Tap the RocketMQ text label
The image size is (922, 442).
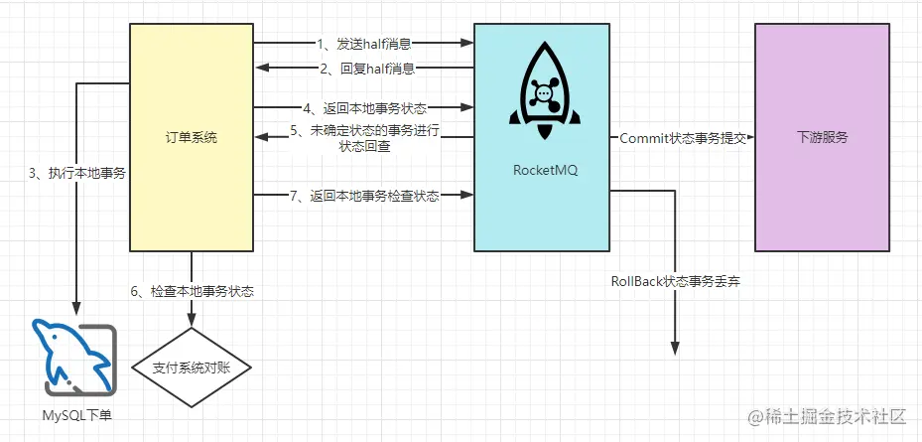[545, 170]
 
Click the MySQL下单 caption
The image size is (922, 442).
[76, 413]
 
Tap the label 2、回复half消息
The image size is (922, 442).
[363, 69]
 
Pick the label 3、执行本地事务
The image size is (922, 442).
[76, 173]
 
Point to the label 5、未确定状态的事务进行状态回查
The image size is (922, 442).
[364, 138]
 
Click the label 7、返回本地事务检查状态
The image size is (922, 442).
[364, 196]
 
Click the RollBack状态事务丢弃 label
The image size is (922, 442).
[676, 282]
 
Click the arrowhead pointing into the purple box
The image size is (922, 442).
[748, 138]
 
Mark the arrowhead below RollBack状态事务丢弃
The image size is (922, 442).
[675, 347]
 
